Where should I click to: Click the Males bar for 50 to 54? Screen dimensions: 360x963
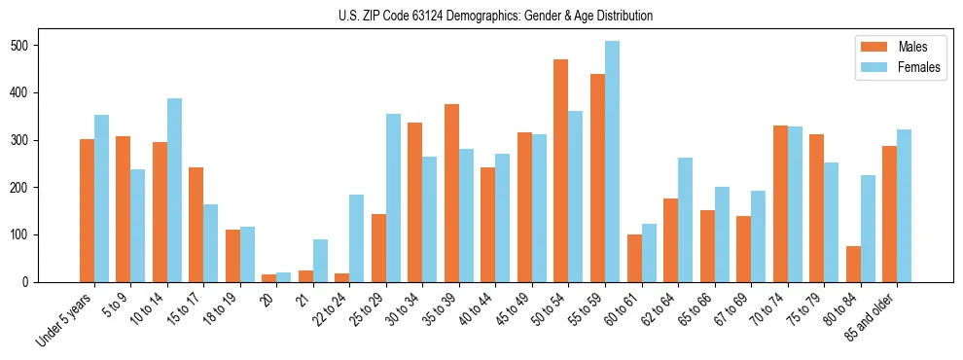coord(560,170)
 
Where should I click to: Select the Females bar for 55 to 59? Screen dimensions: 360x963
coord(612,162)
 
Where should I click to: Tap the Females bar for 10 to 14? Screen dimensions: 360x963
coord(174,190)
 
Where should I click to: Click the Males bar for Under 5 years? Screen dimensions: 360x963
coord(87,210)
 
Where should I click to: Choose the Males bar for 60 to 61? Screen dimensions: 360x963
coord(634,258)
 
